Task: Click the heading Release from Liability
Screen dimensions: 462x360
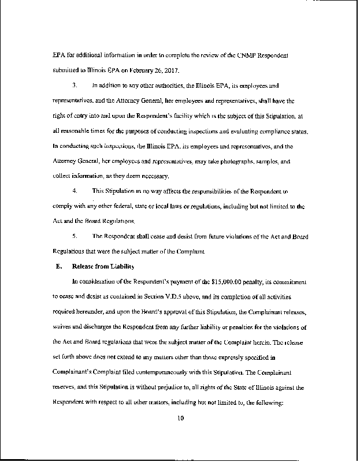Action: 103,266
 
